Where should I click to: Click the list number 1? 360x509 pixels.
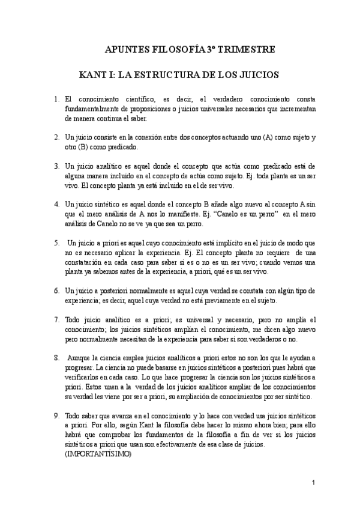[x=56, y=98]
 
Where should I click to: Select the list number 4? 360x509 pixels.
[x=56, y=203]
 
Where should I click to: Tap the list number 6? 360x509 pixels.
[x=56, y=290]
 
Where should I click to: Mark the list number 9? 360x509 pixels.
[x=56, y=415]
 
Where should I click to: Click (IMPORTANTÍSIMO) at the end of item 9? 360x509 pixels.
[x=97, y=454]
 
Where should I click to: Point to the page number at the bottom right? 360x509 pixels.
[x=313, y=483]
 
